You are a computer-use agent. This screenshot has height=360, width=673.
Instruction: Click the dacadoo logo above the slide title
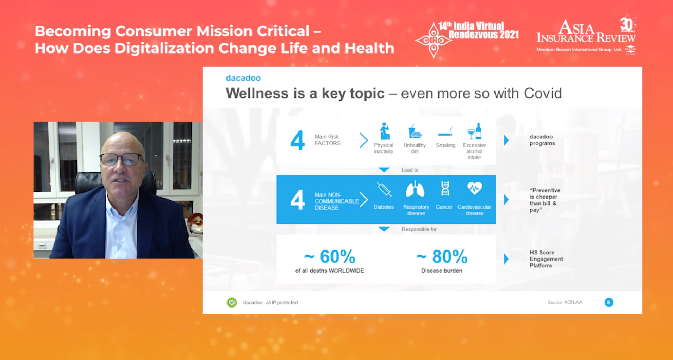(x=243, y=78)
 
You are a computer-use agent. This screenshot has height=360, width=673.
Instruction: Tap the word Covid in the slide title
(x=543, y=93)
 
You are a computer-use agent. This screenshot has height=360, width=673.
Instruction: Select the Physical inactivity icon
(x=384, y=131)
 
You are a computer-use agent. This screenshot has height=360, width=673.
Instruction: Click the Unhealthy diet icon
(x=415, y=131)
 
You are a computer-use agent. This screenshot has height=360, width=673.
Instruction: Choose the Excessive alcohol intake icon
(x=474, y=131)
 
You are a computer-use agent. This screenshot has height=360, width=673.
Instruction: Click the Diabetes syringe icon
(x=384, y=190)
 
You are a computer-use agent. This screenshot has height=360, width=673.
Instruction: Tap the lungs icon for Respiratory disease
(x=415, y=189)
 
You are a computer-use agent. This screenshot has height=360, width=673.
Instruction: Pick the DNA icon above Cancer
(x=445, y=188)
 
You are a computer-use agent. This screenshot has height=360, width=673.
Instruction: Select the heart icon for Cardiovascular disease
(x=474, y=188)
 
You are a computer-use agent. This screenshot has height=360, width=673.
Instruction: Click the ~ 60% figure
(x=330, y=256)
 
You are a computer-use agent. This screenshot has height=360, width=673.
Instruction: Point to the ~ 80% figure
(x=442, y=256)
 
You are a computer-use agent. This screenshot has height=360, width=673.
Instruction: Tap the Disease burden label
(x=442, y=271)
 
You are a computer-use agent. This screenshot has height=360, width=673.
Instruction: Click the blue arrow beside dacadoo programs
(x=506, y=140)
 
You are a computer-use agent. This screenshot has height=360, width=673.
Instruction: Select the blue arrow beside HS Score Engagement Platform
(x=506, y=259)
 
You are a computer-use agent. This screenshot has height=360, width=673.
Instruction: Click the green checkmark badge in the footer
(x=232, y=302)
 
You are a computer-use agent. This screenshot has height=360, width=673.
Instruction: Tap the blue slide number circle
(x=609, y=302)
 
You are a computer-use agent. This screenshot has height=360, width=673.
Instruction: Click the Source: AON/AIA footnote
(x=565, y=302)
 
